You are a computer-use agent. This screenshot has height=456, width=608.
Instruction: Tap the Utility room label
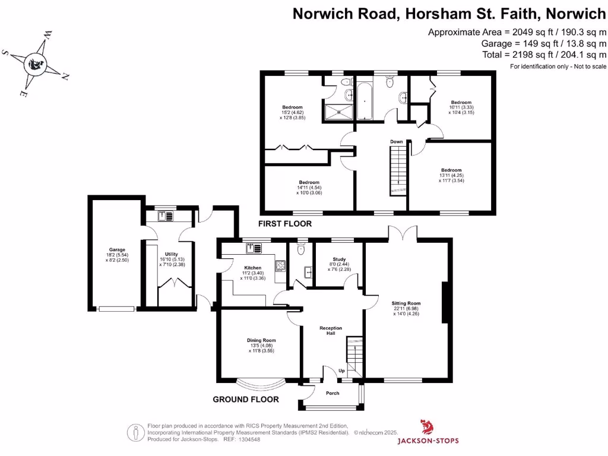[171, 254]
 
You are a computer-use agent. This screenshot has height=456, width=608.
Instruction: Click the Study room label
[339, 259]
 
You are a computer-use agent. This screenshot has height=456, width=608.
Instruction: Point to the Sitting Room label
[406, 303]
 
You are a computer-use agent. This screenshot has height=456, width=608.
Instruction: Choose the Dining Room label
[261, 340]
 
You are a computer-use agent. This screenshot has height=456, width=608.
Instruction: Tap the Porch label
[332, 393]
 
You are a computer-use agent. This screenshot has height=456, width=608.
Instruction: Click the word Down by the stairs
[397, 141]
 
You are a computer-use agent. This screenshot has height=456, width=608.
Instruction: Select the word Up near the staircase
[341, 370]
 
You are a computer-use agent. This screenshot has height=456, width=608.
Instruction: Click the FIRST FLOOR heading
[285, 224]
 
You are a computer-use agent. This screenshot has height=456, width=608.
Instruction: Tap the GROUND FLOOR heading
[246, 400]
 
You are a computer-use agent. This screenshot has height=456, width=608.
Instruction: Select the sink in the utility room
[165, 216]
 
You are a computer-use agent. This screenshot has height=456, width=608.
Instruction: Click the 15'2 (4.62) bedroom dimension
[292, 112]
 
